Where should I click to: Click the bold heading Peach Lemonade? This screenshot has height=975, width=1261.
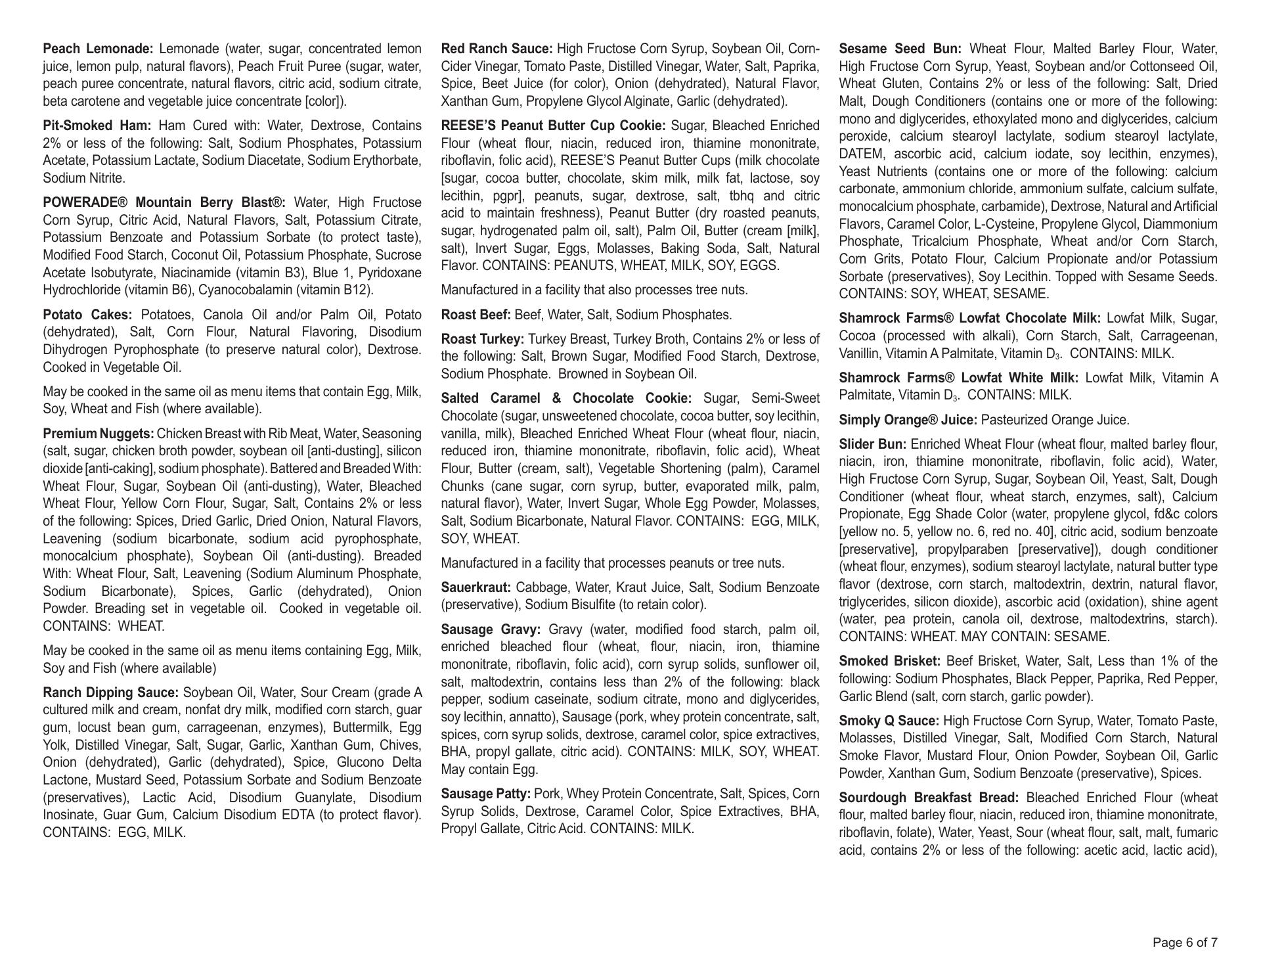pyautogui.click(x=98, y=49)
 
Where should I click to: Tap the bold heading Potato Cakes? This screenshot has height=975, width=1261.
pyautogui.click(x=87, y=315)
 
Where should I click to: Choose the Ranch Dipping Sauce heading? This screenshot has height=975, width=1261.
pyautogui.click(x=110, y=693)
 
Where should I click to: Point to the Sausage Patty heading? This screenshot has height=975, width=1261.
pyautogui.click(x=486, y=794)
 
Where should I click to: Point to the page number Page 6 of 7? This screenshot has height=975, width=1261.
pyautogui.click(x=1185, y=943)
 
